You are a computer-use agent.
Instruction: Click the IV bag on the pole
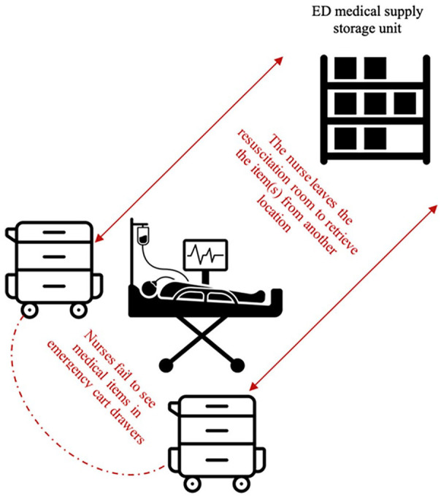tap(143, 236)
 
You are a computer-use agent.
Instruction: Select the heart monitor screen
tap(206, 255)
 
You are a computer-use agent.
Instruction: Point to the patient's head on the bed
tap(147, 289)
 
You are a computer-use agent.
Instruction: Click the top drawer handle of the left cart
tap(54, 232)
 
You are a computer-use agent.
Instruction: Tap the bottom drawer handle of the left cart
tap(54, 286)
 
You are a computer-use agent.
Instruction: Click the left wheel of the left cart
tap(29, 310)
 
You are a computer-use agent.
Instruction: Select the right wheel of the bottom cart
tap(241, 484)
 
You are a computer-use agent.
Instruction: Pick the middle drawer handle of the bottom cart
tap(217, 430)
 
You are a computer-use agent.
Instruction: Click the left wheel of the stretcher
tap(166, 365)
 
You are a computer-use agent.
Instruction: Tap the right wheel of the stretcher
tap(237, 365)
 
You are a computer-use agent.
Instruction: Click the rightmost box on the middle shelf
tap(405, 104)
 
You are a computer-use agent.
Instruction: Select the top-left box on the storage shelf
tap(345, 68)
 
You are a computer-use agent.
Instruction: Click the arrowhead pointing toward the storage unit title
tap(278, 61)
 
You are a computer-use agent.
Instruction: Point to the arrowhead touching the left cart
tap(99, 238)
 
